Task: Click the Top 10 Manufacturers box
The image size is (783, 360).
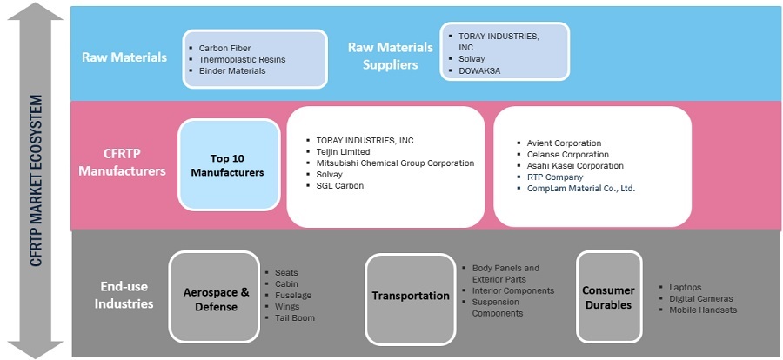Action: pos(229,165)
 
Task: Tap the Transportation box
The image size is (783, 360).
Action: pos(411,296)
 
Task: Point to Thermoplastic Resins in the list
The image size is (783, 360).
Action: pos(242,60)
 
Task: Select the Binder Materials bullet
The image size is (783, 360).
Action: pos(232,71)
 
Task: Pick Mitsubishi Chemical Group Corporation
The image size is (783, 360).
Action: pos(395,163)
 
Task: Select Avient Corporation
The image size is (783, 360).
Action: pos(564,143)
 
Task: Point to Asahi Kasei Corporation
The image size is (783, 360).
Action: pos(574,165)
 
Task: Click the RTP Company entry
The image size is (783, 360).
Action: pos(555,177)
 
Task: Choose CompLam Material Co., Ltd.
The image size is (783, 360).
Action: pos(581,188)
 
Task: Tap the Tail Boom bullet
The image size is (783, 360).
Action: pos(295,318)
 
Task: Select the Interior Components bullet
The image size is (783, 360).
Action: pos(512,290)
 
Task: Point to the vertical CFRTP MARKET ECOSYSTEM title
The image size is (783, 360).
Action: pos(36,180)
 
